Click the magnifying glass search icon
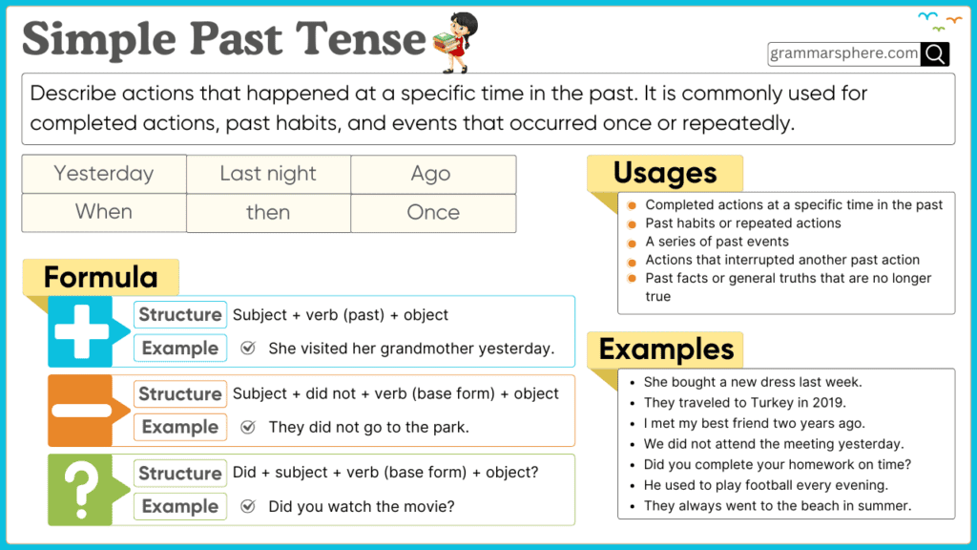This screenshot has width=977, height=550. pos(935,54)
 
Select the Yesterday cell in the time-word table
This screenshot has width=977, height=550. pos(103,174)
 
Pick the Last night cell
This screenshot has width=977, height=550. pos(268,174)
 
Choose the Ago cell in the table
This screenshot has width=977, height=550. pos(431,174)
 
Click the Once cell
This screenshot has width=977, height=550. pos(433,212)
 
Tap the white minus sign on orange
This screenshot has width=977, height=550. pos(82,411)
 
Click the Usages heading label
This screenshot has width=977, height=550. pos(665,173)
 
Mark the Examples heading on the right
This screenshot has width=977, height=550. pos(666,349)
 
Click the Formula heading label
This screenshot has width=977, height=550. pos(100,278)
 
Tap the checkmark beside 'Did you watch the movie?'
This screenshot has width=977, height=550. pos(248,506)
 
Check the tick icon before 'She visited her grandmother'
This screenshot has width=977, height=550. pos(248,349)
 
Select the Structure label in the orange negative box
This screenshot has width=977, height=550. pos(180,393)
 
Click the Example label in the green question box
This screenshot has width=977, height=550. pos(180,506)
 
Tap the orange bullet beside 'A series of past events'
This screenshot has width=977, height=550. pos(633,243)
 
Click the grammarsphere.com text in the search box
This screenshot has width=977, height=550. pos(844,53)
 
